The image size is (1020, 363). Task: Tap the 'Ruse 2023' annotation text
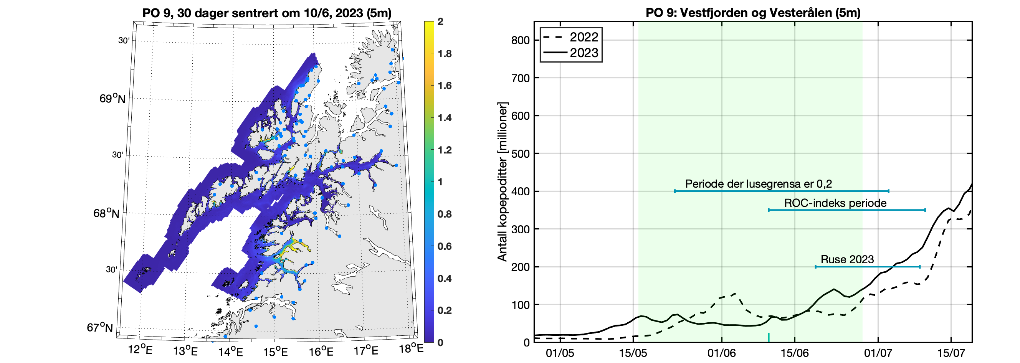pyautogui.click(x=847, y=259)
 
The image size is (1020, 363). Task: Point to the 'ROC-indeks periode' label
pyautogui.click(x=835, y=203)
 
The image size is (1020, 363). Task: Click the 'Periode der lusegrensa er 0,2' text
pyautogui.click(x=758, y=184)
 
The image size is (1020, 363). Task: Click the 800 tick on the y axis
pyautogui.click(x=520, y=40)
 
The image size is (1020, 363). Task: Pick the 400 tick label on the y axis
pyautogui.click(x=520, y=191)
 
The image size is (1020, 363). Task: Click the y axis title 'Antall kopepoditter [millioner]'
pyautogui.click(x=502, y=182)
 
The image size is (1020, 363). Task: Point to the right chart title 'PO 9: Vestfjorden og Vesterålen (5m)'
pyautogui.click(x=753, y=13)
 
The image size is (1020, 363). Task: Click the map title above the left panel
pyautogui.click(x=267, y=13)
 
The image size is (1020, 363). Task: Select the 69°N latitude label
pyautogui.click(x=112, y=98)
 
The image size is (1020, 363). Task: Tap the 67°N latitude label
pyautogui.click(x=100, y=328)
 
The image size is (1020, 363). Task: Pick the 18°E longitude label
pyautogui.click(x=411, y=349)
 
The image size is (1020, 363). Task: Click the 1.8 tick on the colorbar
pyautogui.click(x=444, y=54)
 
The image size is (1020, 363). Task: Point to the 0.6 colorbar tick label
pyautogui.click(x=444, y=246)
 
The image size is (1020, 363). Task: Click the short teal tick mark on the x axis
pyautogui.click(x=769, y=337)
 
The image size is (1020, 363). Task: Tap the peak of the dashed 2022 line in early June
pyautogui.click(x=735, y=293)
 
